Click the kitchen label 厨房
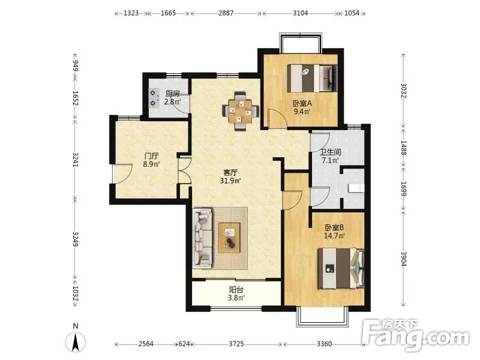(172, 94)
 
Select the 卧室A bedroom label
(302, 103)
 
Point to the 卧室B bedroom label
(334, 227)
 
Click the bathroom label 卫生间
(331, 152)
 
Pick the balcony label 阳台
(236, 289)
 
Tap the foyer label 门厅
(151, 156)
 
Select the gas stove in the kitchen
(154, 98)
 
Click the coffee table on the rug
(229, 238)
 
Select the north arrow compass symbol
(76, 341)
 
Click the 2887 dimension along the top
(226, 13)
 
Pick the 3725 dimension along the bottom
(236, 344)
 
